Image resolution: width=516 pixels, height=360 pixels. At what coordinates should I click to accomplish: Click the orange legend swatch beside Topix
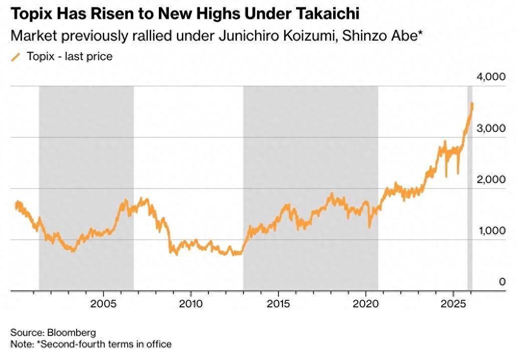coord(16,57)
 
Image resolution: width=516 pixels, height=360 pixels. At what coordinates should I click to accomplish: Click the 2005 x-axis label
coord(103,304)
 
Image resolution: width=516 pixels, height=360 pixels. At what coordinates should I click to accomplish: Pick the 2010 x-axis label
coord(190,304)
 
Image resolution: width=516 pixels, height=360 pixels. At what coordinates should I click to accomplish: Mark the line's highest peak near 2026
coord(472,103)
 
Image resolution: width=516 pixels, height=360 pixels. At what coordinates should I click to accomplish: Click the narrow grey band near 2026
coord(470,201)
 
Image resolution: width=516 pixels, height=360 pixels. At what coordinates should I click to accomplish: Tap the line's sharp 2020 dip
coord(370,227)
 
